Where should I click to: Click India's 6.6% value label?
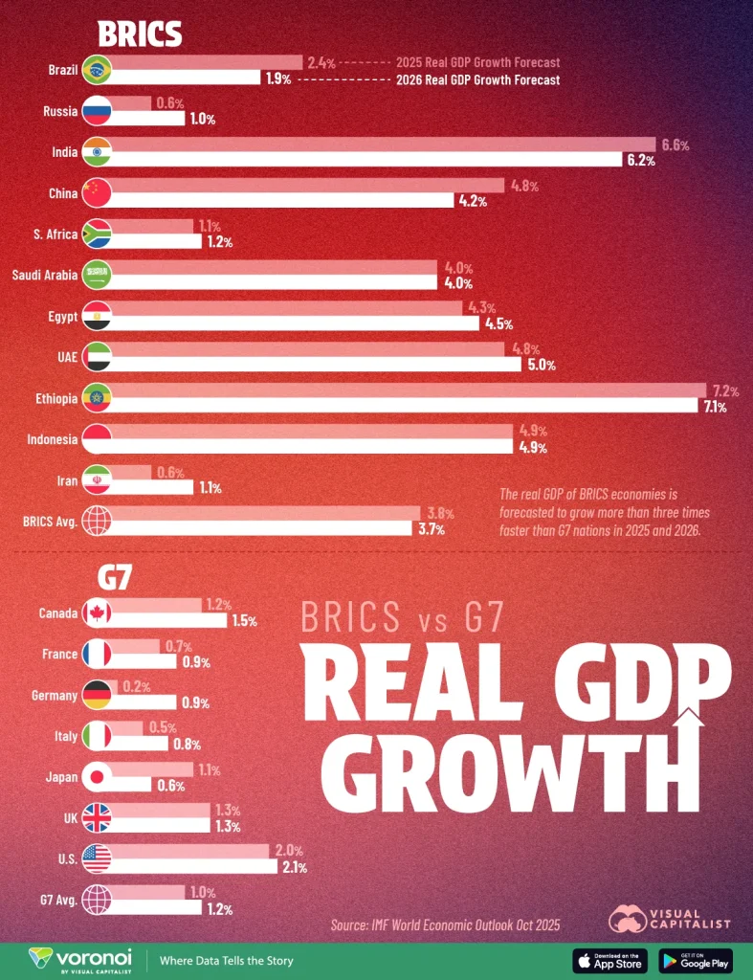pyautogui.click(x=675, y=145)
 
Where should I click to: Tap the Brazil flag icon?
pyautogui.click(x=97, y=70)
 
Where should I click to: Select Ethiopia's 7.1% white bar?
pyautogui.click(x=402, y=406)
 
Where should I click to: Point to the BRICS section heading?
pyautogui.click(x=140, y=34)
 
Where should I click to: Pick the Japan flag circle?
pyautogui.click(x=97, y=776)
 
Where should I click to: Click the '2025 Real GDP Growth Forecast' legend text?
pyautogui.click(x=477, y=62)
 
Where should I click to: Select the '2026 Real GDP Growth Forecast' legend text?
pyautogui.click(x=477, y=80)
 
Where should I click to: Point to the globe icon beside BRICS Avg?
pyautogui.click(x=97, y=522)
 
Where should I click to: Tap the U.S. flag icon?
pyautogui.click(x=97, y=858)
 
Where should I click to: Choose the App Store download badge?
pyautogui.click(x=609, y=961)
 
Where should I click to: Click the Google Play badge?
pyautogui.click(x=696, y=961)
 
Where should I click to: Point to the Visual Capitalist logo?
pyautogui.click(x=670, y=918)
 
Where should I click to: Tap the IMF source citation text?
pyautogui.click(x=445, y=924)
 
